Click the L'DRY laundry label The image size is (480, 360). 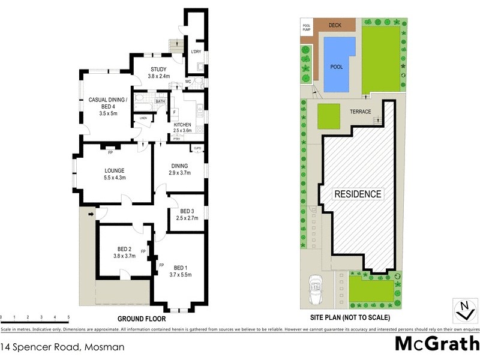(x=195, y=52)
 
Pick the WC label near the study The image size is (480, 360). (x=188, y=82)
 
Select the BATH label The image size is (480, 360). (x=160, y=102)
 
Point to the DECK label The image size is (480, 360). (x=334, y=26)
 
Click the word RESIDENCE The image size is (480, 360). (x=358, y=194)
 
